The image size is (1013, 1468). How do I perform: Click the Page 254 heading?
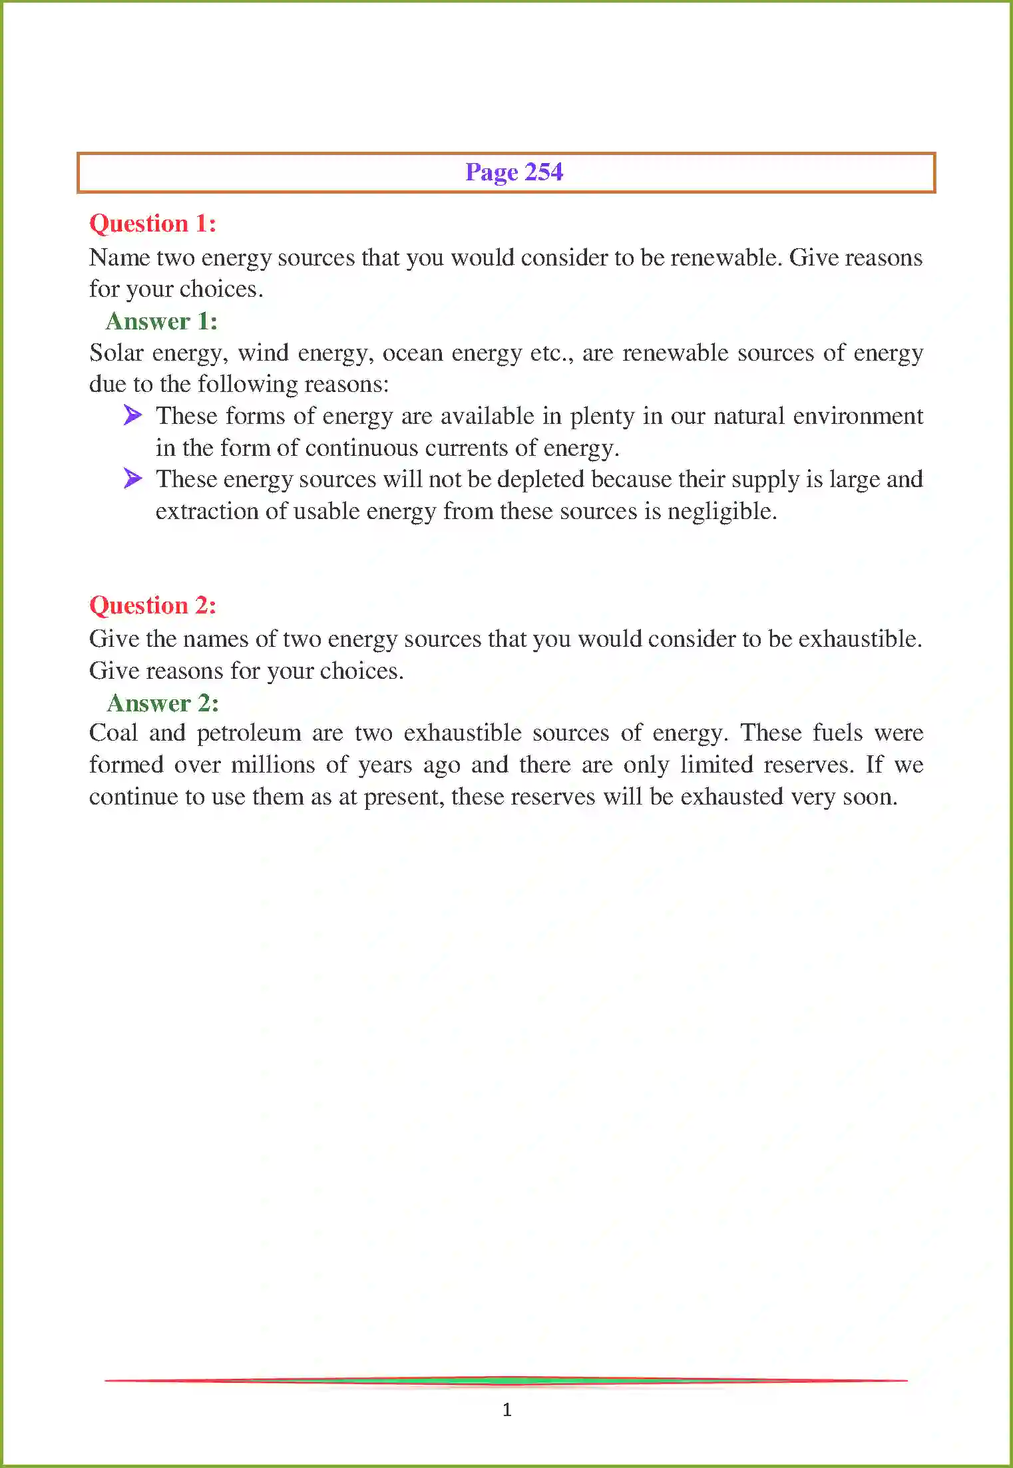[x=514, y=172]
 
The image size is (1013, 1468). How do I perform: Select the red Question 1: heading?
[x=152, y=224]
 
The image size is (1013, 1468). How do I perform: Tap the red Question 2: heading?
[x=152, y=606]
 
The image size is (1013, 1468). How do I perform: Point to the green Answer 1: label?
[x=162, y=321]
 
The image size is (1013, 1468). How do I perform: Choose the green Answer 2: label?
[x=162, y=703]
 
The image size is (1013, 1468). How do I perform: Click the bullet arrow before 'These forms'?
[x=133, y=416]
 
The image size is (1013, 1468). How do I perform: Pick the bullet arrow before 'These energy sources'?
[x=133, y=478]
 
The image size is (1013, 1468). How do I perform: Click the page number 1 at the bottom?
[x=507, y=1409]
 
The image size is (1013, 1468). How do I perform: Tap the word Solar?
[x=116, y=353]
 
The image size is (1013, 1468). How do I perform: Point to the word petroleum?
[x=249, y=733]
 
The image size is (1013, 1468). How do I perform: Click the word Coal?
[x=113, y=733]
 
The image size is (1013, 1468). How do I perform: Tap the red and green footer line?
[x=506, y=1381]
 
